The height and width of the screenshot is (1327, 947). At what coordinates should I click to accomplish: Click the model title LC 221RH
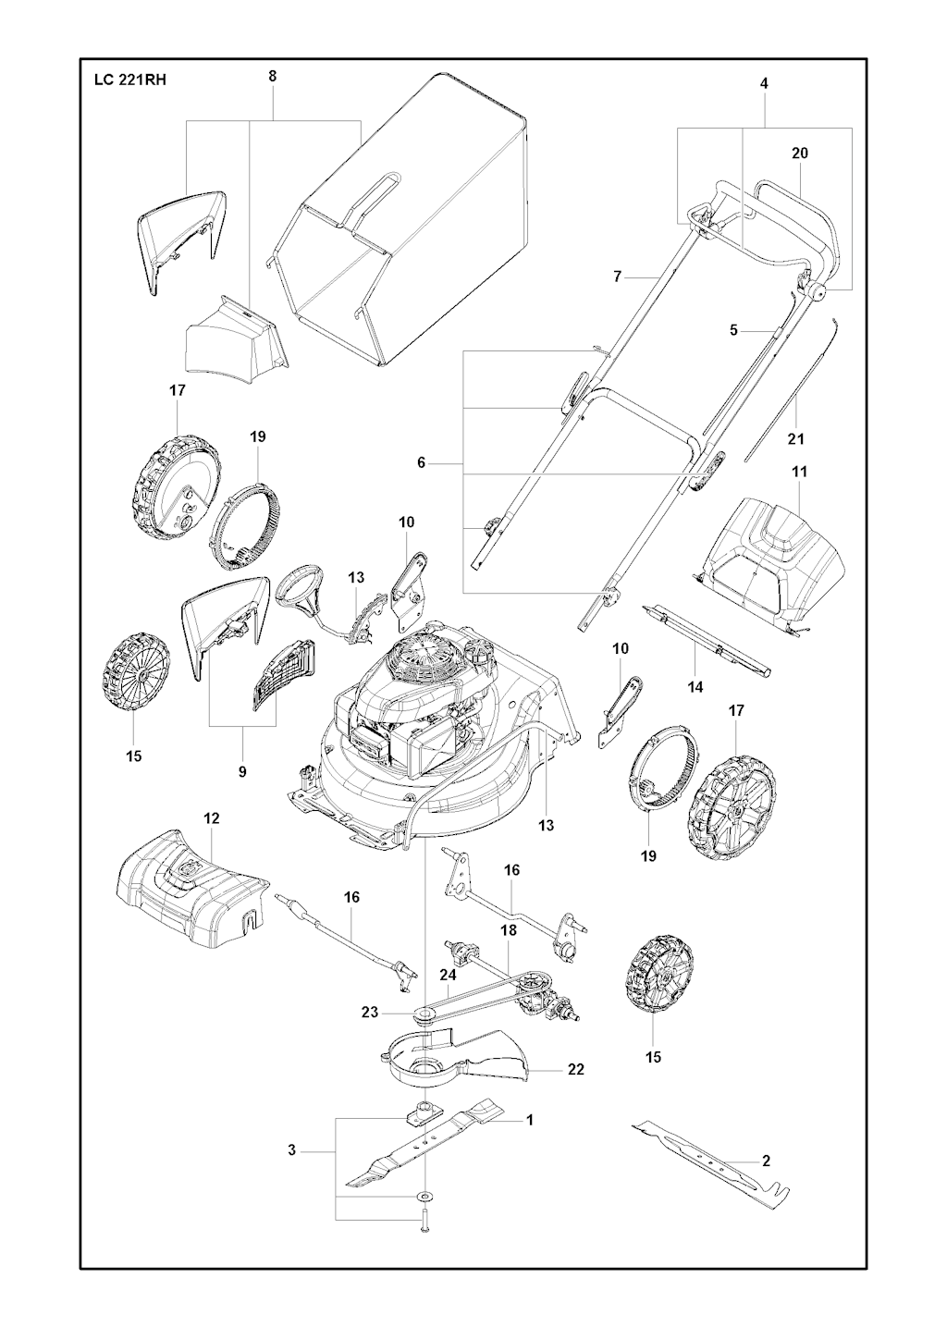[x=129, y=80]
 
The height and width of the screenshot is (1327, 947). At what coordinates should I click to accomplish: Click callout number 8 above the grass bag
[x=272, y=76]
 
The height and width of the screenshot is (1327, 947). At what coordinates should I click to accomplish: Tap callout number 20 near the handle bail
[x=799, y=153]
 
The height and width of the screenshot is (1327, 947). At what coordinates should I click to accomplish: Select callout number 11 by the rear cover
[x=799, y=472]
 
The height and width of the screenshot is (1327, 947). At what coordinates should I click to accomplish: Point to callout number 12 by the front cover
[x=211, y=818]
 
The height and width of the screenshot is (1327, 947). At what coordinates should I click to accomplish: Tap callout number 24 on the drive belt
[x=448, y=989]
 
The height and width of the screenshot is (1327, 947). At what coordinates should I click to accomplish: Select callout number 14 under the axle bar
[x=695, y=686]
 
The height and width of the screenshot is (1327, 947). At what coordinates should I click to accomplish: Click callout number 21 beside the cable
[x=795, y=439]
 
